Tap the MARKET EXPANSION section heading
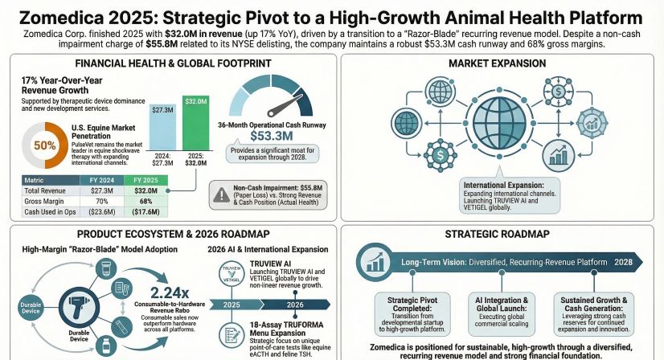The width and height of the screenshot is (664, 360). (498, 63)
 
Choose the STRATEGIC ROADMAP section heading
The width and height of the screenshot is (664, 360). (498, 235)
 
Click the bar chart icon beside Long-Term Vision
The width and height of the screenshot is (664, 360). (374, 261)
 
